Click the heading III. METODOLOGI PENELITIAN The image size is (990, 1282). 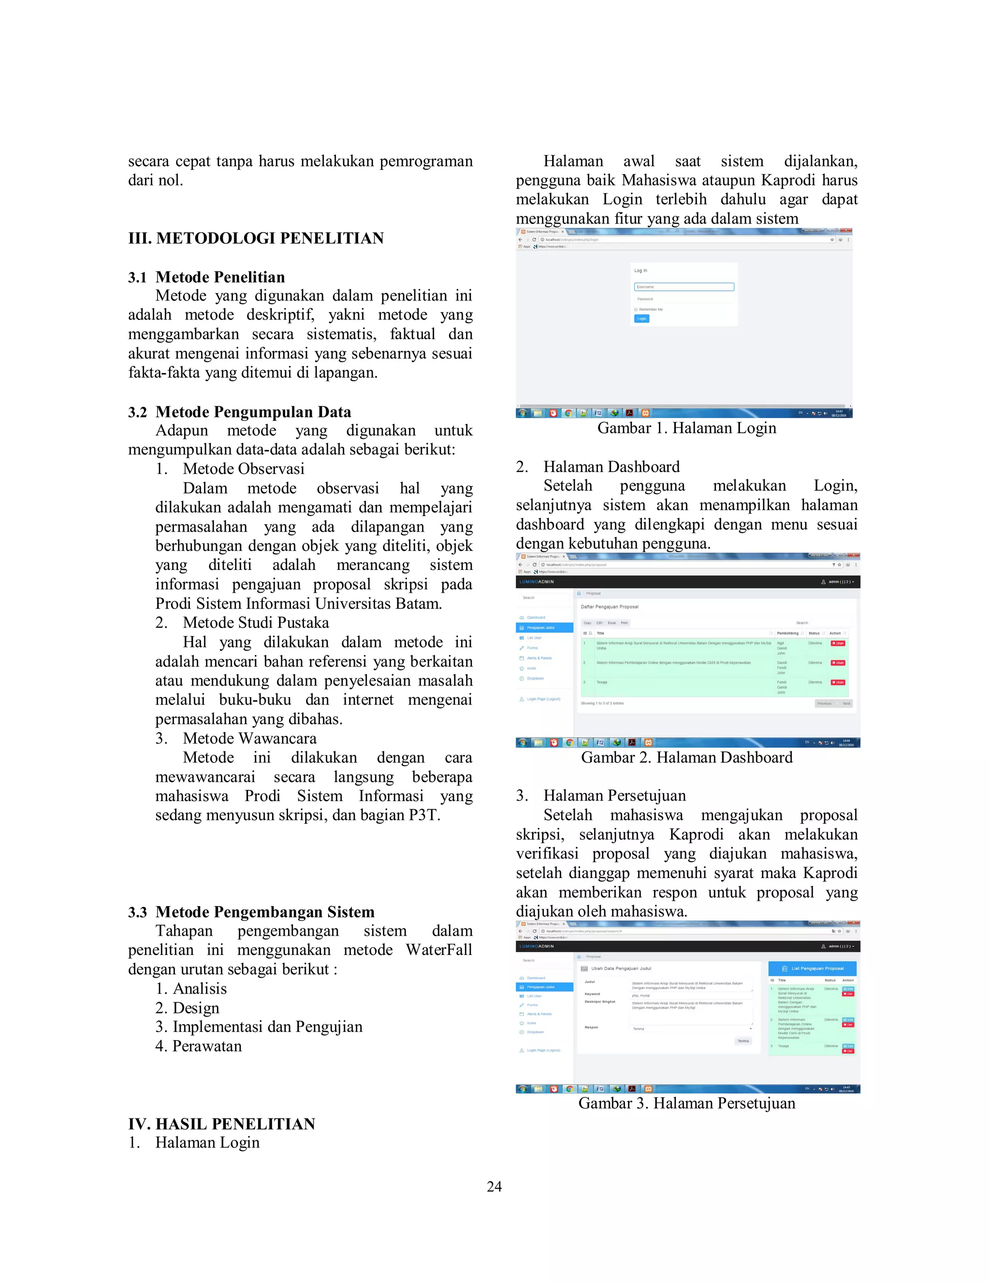coord(256,239)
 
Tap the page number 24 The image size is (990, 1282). coord(494,1186)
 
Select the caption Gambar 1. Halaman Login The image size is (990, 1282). coord(686,428)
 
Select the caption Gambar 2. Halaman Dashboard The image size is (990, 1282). coord(686,757)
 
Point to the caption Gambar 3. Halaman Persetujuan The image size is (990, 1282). coord(686,1103)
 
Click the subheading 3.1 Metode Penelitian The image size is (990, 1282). coord(206,277)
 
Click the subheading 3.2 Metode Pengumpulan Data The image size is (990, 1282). coord(239,412)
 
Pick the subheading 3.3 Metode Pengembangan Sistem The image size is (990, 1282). coord(251,911)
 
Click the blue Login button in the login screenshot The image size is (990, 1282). coord(641,319)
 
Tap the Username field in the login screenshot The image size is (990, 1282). coord(684,287)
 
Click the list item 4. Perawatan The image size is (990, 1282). coord(198,1046)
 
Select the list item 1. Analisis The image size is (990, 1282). coord(191,988)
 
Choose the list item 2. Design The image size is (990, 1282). coord(188,1008)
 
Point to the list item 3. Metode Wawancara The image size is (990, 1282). coord(236,738)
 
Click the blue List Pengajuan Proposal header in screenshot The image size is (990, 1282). coord(812,968)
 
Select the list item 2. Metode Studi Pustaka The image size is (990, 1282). coord(242,622)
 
